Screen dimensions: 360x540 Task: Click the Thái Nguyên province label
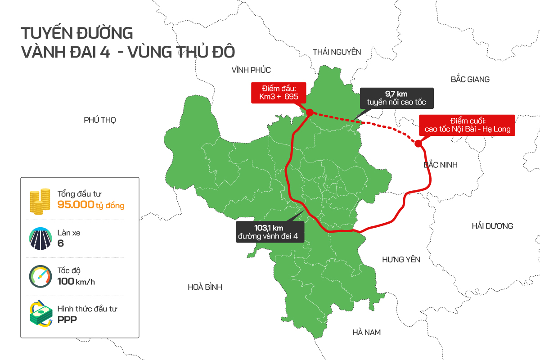click(337, 52)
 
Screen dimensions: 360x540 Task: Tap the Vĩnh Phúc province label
click(251, 70)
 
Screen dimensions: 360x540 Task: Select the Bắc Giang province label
click(470, 79)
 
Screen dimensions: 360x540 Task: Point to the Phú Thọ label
click(100, 120)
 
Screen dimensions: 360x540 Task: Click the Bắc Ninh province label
click(441, 165)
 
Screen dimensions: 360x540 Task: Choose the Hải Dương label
click(492, 226)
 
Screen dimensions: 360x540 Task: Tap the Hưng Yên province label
click(401, 260)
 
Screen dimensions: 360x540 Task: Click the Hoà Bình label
click(205, 287)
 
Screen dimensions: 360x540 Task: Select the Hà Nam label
click(366, 333)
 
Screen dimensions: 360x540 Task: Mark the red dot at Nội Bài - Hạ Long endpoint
click(418, 144)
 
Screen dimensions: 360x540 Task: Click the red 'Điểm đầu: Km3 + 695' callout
click(279, 92)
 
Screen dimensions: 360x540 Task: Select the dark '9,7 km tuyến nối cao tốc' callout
click(396, 98)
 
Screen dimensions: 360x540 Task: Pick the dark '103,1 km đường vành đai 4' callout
click(270, 232)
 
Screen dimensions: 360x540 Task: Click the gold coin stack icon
click(40, 202)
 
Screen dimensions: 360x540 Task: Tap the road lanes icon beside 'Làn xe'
click(39, 238)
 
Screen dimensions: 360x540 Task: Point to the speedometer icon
click(39, 276)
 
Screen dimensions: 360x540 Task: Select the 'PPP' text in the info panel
click(67, 319)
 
